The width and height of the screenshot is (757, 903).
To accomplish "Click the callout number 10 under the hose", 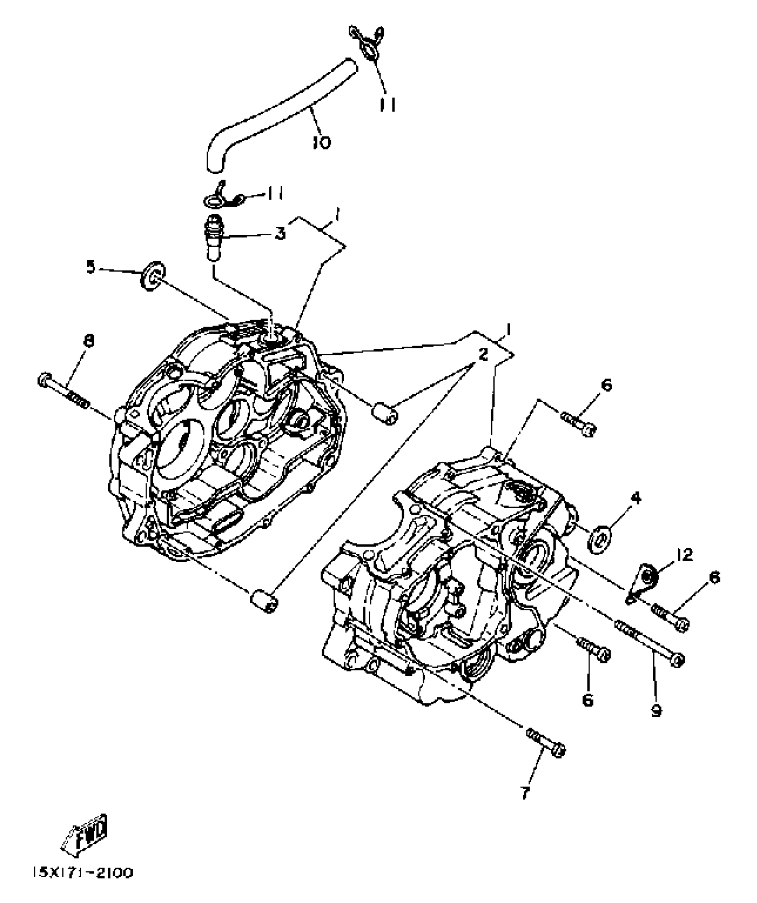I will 322,143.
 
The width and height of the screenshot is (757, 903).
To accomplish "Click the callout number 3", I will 280,233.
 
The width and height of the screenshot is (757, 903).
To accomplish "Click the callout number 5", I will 91,267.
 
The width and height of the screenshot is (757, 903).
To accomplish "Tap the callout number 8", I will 89,341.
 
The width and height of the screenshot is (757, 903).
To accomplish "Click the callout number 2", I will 483,355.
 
